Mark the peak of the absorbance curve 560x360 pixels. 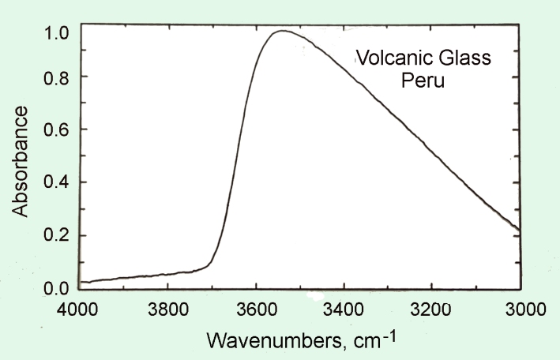pos(280,31)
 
